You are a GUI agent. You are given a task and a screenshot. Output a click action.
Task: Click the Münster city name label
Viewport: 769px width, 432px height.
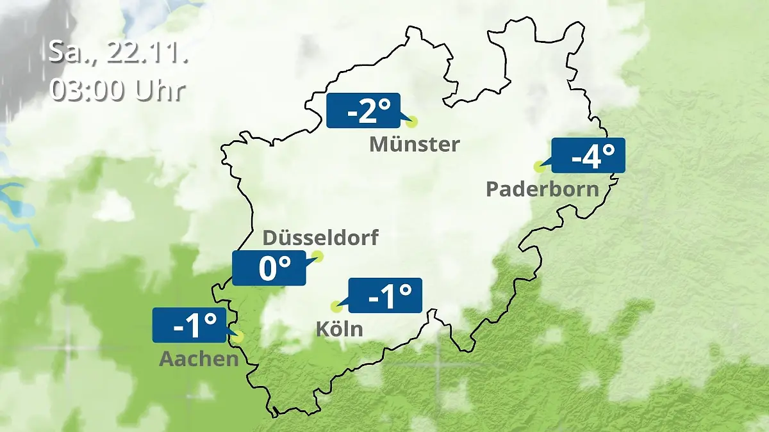coord(414,145)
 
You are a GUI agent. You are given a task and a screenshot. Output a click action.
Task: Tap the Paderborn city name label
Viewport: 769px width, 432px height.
coord(542,189)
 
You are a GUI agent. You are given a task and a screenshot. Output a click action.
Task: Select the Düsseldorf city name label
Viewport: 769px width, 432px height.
coord(320,238)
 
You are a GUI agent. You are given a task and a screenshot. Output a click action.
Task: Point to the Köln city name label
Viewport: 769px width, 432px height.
coord(339,330)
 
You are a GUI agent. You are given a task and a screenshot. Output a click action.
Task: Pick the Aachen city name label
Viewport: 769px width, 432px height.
coord(199,359)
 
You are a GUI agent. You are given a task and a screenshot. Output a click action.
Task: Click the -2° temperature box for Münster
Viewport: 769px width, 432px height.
coord(363,111)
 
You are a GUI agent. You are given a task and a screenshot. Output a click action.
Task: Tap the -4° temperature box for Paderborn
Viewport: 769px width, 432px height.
coord(588,156)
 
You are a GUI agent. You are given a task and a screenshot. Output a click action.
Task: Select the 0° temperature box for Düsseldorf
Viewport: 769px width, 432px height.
coord(269,268)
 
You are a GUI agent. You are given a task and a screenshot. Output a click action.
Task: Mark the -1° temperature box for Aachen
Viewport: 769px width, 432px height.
coord(190,325)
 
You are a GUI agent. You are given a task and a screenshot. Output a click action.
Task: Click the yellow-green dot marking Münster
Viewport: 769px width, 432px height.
coord(411,122)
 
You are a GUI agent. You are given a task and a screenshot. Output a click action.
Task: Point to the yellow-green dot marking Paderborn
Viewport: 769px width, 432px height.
coord(539,166)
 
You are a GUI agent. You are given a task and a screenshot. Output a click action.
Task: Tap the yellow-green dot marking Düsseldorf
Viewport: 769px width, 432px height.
coord(317,257)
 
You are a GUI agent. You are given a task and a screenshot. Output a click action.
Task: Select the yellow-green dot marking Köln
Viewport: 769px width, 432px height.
coord(335,307)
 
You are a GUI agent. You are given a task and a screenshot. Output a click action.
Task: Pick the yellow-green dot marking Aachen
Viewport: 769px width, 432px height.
coord(239,336)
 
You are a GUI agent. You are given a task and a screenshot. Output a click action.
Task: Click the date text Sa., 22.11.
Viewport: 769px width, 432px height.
coord(118,52)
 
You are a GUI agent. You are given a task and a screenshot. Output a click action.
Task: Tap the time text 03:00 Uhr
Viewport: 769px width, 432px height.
coord(118,90)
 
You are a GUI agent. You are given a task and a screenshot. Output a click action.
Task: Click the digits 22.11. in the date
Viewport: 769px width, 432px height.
coord(147,52)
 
